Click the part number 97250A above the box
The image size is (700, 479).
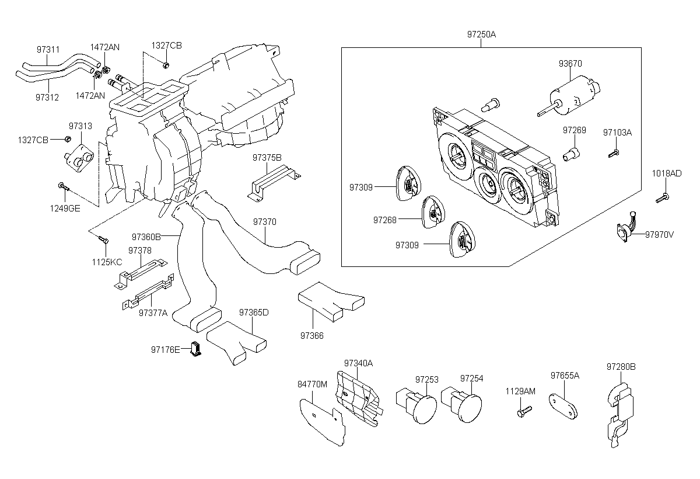click(481, 34)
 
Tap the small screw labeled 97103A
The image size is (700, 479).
click(614, 154)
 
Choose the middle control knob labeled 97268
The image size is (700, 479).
click(433, 212)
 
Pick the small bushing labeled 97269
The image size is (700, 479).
click(571, 154)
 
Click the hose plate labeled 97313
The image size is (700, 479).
click(79, 158)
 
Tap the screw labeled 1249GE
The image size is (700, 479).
click(64, 187)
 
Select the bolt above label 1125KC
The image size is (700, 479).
click(103, 239)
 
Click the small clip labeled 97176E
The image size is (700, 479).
click(195, 349)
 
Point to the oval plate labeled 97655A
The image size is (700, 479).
click(563, 407)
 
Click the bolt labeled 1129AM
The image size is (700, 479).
click(524, 411)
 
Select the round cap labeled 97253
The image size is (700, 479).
click(416, 405)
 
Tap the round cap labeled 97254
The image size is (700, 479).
click(461, 404)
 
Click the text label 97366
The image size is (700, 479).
click(312, 335)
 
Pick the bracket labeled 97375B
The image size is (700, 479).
click(274, 183)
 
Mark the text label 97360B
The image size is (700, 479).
click(146, 237)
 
